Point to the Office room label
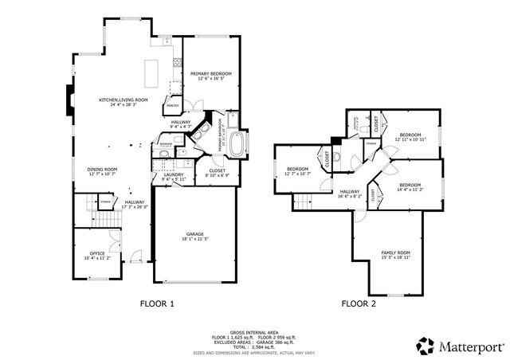pos(97,255)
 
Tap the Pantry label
pos(171,104)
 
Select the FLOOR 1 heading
pos(156,303)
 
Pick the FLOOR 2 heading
pos(359,303)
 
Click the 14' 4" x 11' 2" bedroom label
pos(410,187)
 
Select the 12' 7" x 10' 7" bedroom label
pos(297,170)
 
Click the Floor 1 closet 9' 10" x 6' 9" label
pos(217,172)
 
